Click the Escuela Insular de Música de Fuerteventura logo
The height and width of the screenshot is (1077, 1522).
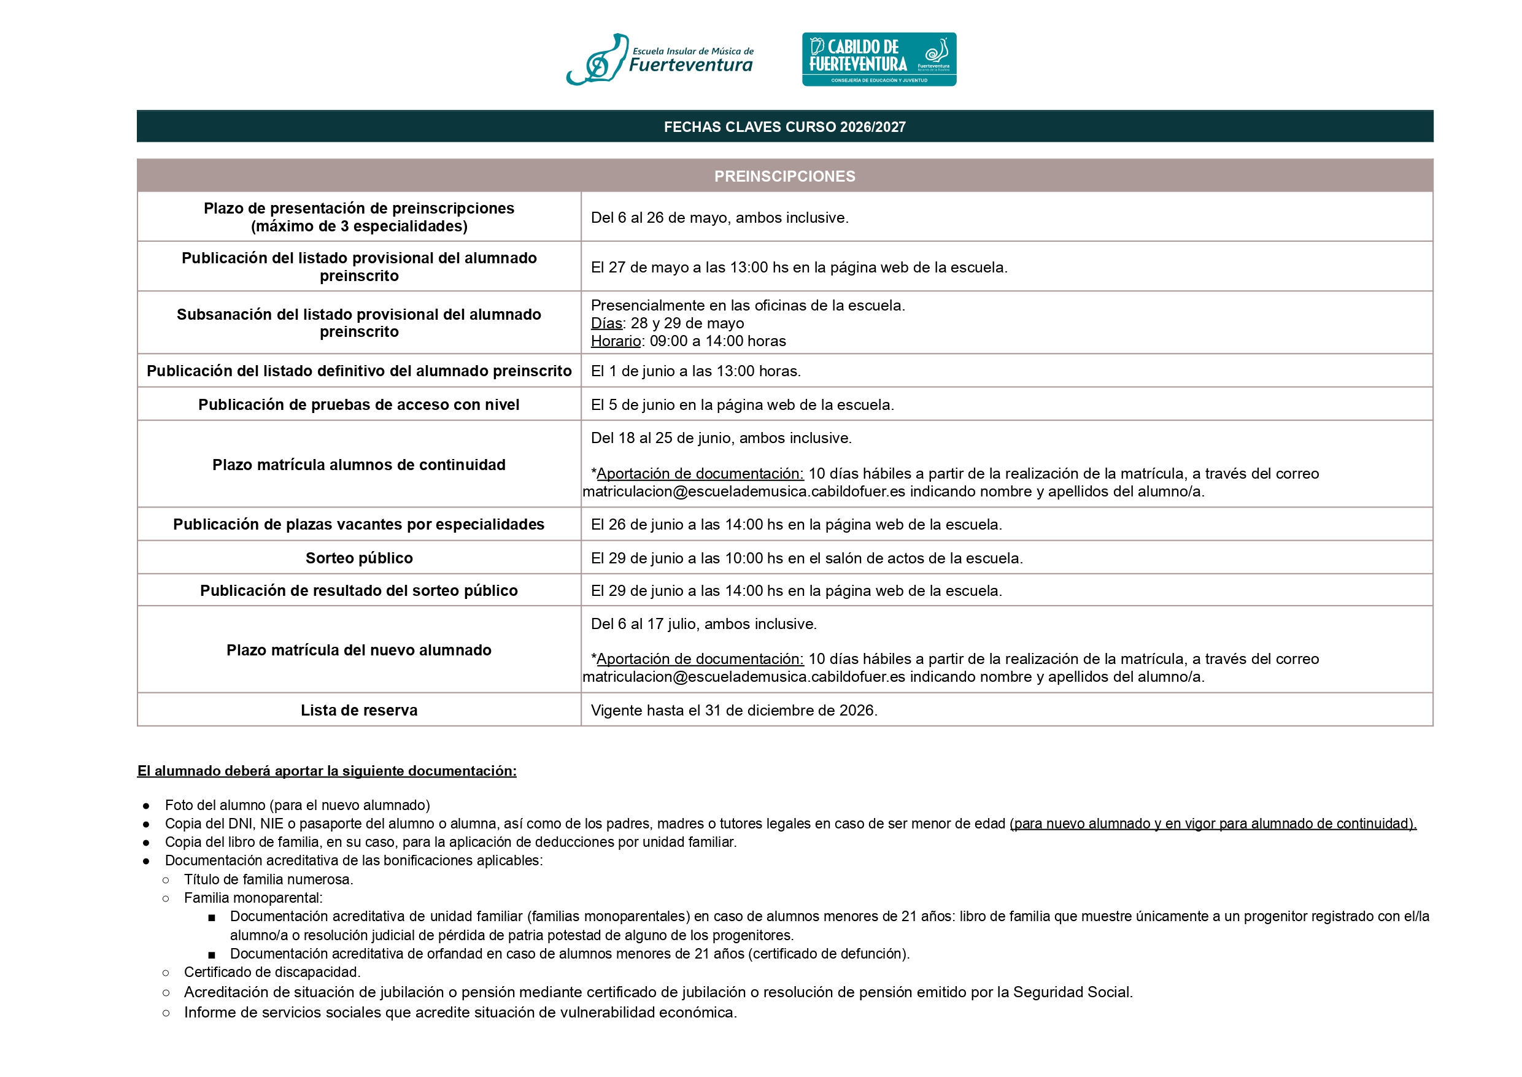660,60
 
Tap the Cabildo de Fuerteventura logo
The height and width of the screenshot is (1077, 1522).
879,60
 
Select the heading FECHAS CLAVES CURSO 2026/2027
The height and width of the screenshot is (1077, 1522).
784,126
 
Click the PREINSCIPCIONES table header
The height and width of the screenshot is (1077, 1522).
784,176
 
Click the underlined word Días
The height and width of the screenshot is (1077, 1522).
606,323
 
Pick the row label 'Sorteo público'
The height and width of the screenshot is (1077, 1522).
359,558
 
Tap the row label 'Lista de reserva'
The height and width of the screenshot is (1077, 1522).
359,711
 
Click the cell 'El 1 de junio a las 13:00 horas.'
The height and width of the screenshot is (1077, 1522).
696,371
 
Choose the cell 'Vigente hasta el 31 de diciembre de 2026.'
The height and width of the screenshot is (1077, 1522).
734,711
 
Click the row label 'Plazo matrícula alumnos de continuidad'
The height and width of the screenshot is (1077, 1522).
359,465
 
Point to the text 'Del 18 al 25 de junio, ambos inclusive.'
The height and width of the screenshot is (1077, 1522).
721,438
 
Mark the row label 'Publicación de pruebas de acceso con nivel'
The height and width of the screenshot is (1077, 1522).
359,405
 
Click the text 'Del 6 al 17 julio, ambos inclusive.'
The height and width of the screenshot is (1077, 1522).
704,624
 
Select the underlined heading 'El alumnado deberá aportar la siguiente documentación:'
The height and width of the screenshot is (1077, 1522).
326,771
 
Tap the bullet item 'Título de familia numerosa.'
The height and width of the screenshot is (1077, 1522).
269,880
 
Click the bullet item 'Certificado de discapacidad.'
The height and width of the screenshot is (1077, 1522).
272,972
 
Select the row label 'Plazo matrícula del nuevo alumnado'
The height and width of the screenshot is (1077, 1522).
359,650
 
